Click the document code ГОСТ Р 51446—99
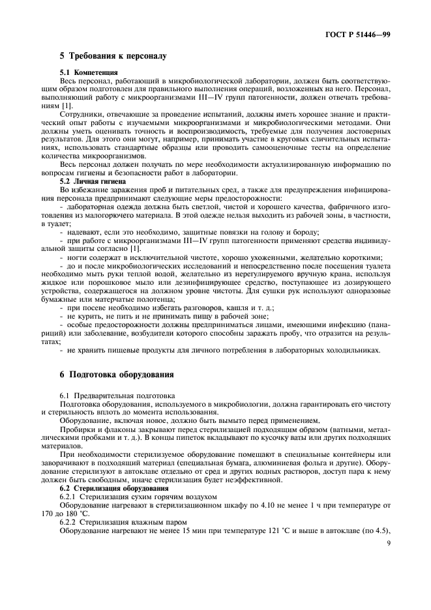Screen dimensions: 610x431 (360, 33)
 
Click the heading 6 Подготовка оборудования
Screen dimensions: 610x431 (116, 375)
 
